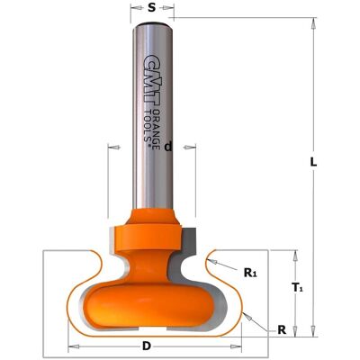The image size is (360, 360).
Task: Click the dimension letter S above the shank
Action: point(152,8)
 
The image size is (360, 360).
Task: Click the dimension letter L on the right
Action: point(313,162)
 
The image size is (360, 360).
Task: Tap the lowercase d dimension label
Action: point(168,147)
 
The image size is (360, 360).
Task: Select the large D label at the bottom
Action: point(147,346)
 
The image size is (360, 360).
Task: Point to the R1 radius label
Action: point(250,273)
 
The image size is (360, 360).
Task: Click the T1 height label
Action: point(297,288)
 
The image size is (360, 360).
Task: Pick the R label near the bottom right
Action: point(282,330)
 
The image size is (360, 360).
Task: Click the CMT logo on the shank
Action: point(151,79)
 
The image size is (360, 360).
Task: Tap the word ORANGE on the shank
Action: point(157,129)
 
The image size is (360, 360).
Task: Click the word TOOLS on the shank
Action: point(148,126)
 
